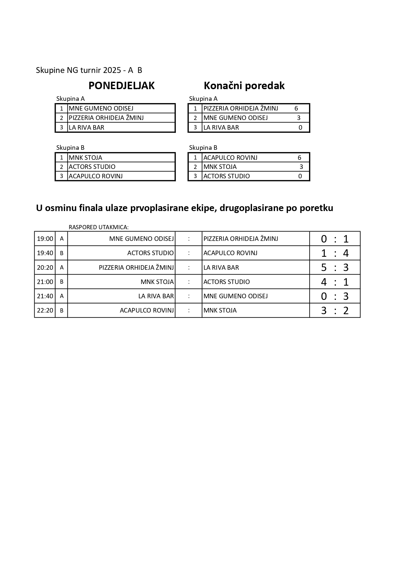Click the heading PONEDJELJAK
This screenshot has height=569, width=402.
[121, 86]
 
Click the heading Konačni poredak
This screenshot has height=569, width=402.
[244, 86]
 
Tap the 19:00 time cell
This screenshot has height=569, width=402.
[45, 239]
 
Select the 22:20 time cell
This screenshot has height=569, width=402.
[45, 311]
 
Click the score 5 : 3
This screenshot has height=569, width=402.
[335, 267]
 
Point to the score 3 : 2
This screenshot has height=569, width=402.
[335, 311]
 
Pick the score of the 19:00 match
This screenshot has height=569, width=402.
[335, 239]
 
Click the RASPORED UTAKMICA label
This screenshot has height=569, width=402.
[98, 227]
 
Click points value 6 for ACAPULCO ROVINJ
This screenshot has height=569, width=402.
[299, 158]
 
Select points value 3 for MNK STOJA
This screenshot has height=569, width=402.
[301, 167]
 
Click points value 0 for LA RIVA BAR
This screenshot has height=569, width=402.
[300, 127]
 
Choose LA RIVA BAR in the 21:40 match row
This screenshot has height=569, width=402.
[156, 296]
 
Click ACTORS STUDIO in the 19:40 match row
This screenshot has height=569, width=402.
[150, 253]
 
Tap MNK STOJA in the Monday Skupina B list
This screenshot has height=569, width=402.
[86, 158]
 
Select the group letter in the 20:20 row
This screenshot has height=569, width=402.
[62, 267]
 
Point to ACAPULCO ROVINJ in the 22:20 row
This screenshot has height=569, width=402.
[147, 311]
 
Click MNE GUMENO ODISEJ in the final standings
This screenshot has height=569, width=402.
[235, 118]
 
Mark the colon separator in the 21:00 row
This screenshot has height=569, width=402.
[189, 282]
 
